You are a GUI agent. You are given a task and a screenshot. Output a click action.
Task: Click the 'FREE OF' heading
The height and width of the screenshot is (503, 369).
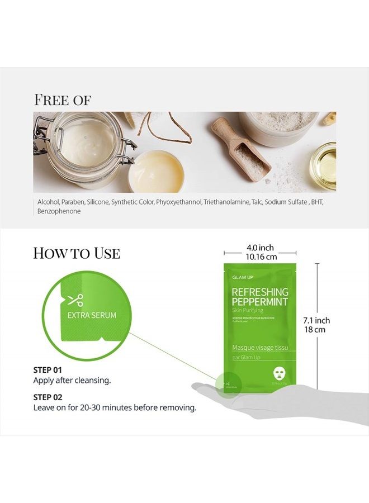[63, 100]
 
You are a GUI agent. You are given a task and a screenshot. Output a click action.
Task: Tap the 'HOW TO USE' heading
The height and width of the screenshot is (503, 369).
[77, 253]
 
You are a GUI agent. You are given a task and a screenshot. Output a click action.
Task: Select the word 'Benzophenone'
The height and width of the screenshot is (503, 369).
[59, 211]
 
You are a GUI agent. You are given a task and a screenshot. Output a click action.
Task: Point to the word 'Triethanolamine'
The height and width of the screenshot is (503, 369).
[229, 202]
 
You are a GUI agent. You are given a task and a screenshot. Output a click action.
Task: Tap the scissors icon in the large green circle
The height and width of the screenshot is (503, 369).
[75, 300]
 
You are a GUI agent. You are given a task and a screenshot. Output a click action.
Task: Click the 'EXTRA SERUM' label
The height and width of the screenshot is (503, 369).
[92, 315]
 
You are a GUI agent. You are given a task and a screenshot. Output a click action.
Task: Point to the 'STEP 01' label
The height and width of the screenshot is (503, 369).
[48, 370]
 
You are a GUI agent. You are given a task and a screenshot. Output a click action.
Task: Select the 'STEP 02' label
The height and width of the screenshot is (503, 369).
[48, 397]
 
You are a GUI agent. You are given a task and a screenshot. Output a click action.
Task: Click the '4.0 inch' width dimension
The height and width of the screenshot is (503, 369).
[260, 248]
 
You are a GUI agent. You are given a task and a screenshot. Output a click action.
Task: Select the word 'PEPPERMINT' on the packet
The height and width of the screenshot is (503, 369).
[259, 302]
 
